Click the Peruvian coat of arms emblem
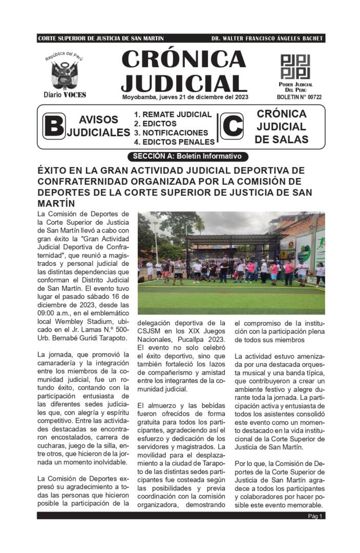click(x=65, y=75)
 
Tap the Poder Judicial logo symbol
click(x=295, y=67)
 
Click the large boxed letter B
click(x=54, y=126)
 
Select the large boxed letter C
click(x=231, y=126)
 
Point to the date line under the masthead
click(x=185, y=97)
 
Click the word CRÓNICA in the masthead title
click(x=184, y=59)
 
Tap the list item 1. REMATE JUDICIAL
click(x=173, y=115)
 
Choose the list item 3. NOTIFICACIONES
click(x=171, y=133)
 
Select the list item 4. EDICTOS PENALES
click(x=174, y=142)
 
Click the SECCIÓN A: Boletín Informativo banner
click(x=187, y=156)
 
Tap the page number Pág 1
click(x=315, y=516)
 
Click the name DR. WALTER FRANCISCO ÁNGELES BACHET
click(x=267, y=39)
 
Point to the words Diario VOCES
click(x=65, y=95)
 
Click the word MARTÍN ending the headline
click(x=55, y=203)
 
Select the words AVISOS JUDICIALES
click(x=98, y=126)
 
